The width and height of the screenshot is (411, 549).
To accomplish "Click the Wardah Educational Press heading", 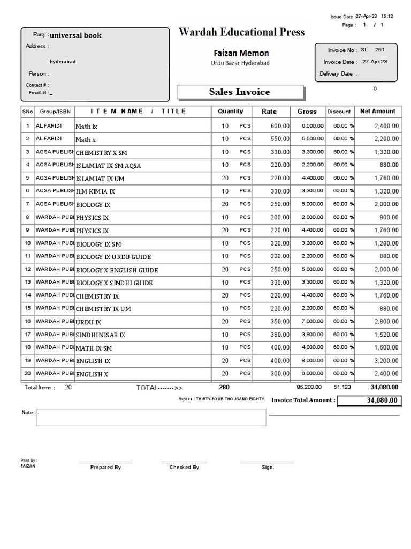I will coord(241,32).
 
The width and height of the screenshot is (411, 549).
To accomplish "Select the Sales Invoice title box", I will coord(240,92).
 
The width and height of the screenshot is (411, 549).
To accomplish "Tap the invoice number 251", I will coord(379,49).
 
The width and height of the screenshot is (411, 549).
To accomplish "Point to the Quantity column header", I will coord(230,112).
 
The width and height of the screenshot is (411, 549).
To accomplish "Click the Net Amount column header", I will coord(377,112).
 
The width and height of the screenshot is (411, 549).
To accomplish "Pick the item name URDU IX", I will coord(88,322).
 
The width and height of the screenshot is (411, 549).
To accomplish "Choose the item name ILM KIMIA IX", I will coord(95,191).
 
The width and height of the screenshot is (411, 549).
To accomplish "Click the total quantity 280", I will coord(224,387).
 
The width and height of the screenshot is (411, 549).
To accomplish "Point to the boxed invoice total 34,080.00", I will coord(368,400).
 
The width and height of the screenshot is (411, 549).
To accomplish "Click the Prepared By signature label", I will coord(105,468).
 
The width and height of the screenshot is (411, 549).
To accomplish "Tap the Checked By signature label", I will coord(184,468).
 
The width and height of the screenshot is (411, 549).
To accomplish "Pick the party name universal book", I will coord(75,35).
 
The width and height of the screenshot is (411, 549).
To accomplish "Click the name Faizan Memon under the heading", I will coord(241,53).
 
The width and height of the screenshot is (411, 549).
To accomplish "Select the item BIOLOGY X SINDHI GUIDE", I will coord(114,283).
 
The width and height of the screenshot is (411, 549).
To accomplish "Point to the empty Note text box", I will coord(150,417).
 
